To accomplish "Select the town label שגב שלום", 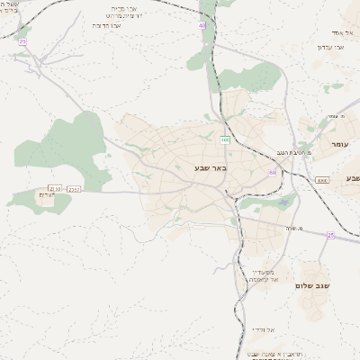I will (x=313, y=285).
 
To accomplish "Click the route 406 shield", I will (x=224, y=140).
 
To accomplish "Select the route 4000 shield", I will (x=322, y=181).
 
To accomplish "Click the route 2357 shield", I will (x=74, y=189).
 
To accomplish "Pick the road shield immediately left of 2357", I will (x=56, y=189).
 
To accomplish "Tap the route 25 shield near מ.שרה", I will (x=330, y=235).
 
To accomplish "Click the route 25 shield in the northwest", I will (x=22, y=41).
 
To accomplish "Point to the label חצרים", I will (x=48, y=196).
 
